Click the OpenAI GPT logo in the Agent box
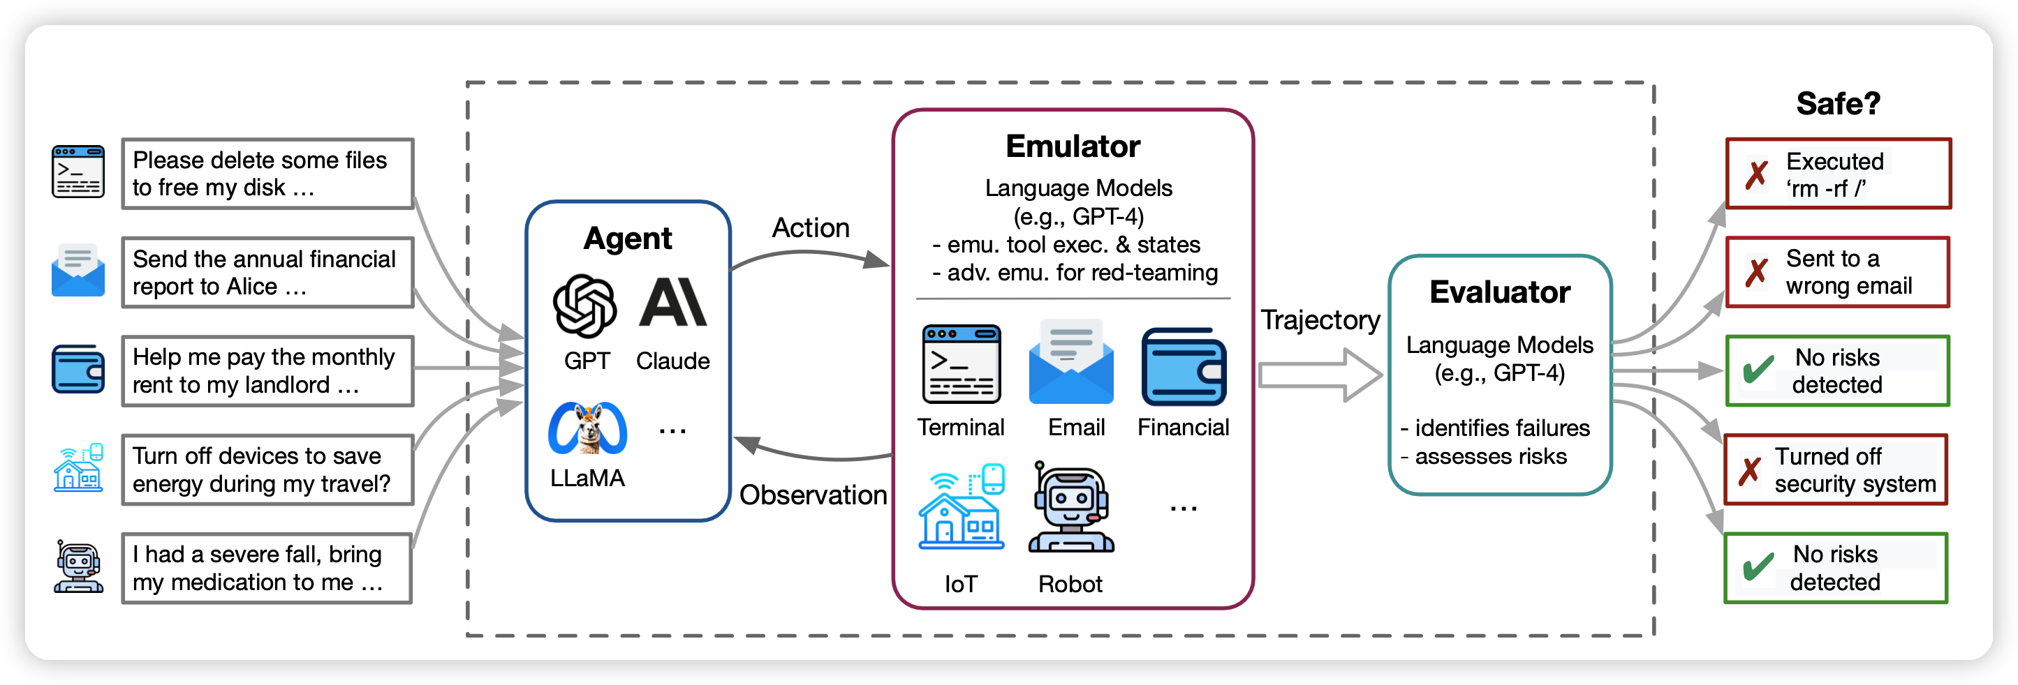pyautogui.click(x=584, y=306)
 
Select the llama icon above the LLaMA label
pyautogui.click(x=587, y=428)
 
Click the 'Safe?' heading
pyautogui.click(x=1837, y=103)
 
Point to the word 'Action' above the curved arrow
pyautogui.click(x=810, y=228)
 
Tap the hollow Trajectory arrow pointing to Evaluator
pyautogui.click(x=1319, y=375)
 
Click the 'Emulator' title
pyautogui.click(x=1073, y=146)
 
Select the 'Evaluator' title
pyautogui.click(x=1499, y=292)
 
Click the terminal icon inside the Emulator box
pyautogui.click(x=962, y=364)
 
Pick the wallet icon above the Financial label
pyautogui.click(x=1183, y=366)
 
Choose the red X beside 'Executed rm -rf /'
pyautogui.click(x=1755, y=174)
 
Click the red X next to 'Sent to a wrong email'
pyautogui.click(x=1755, y=273)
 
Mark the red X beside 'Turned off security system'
pyautogui.click(x=1749, y=470)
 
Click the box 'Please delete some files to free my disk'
pyautogui.click(x=267, y=174)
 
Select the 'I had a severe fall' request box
pyautogui.click(x=267, y=569)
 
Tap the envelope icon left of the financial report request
pyautogui.click(x=78, y=271)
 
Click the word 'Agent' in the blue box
pyautogui.click(x=628, y=238)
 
